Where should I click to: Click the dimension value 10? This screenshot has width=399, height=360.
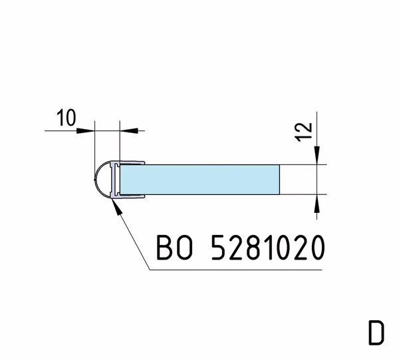[66, 118]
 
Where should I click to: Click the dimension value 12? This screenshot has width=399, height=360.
[303, 132]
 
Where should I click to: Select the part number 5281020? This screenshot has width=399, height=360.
[268, 248]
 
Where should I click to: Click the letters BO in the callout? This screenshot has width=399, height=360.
[174, 248]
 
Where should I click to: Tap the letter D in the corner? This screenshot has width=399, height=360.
[376, 333]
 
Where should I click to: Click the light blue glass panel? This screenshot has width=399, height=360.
[200, 180]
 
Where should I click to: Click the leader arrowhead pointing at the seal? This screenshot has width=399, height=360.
[116, 207]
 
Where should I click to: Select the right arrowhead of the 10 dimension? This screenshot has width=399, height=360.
[129, 130]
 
